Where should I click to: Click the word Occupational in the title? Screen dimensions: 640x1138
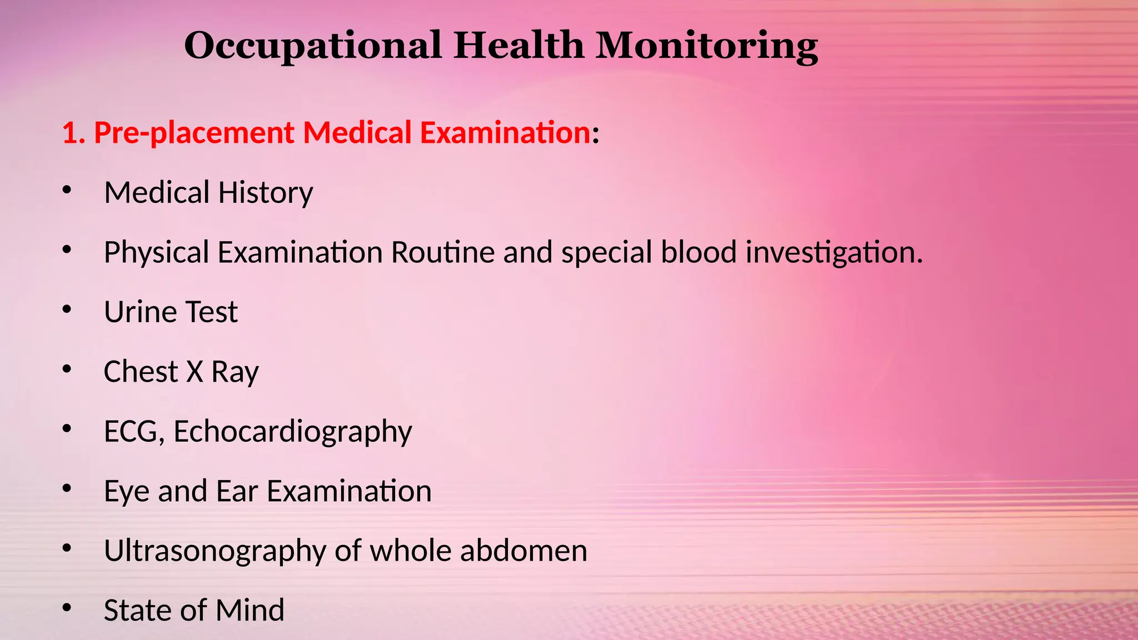click(313, 46)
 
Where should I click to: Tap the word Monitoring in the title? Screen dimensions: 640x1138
click(707, 46)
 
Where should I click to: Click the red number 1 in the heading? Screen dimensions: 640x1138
click(69, 133)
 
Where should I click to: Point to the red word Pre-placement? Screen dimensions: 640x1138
click(194, 133)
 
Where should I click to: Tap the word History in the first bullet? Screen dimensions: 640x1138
click(266, 193)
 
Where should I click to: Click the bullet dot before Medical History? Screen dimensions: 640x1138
click(67, 191)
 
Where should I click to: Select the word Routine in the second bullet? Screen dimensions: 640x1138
click(443, 252)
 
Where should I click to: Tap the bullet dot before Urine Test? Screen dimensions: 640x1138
click(67, 309)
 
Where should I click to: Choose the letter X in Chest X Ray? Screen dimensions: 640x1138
click(194, 372)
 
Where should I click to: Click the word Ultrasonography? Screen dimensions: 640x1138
click(215, 552)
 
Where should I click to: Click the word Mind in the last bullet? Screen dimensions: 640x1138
click(250, 611)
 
